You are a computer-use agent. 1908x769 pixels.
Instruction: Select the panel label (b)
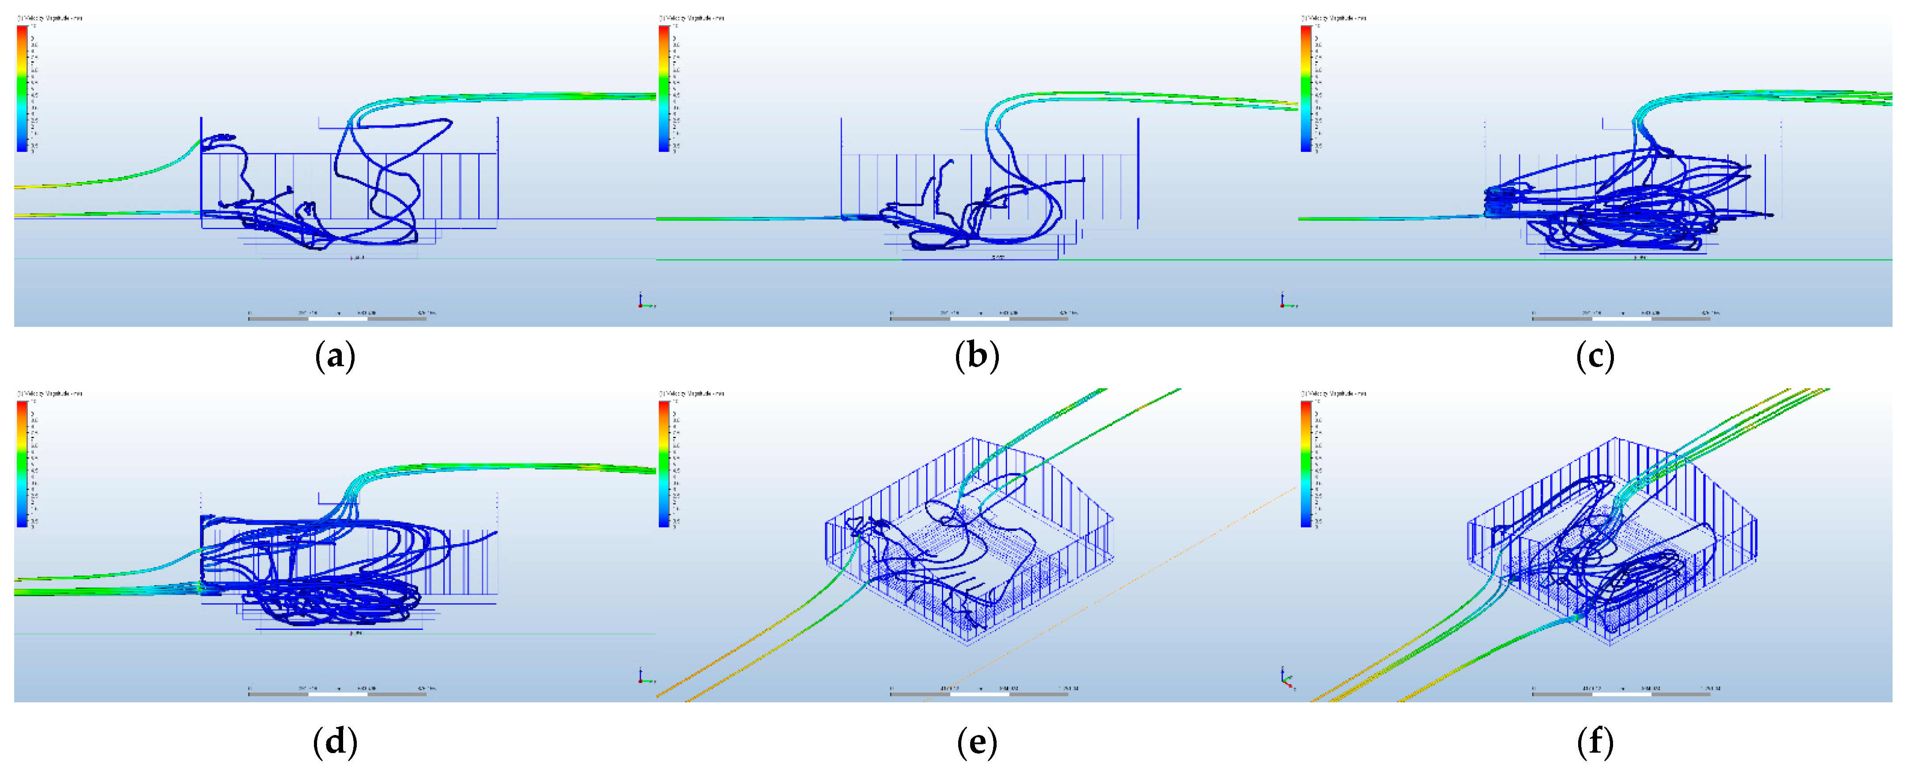coord(977,357)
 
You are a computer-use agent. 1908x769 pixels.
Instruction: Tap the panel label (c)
coord(1594,357)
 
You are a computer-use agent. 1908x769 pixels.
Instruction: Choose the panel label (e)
coord(977,742)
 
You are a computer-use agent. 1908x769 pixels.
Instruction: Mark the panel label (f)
coord(1594,742)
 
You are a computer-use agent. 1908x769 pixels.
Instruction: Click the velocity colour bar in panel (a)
coord(22,88)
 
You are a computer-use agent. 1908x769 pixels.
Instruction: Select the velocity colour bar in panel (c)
coord(1306,88)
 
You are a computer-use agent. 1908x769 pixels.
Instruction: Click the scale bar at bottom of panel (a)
coord(337,318)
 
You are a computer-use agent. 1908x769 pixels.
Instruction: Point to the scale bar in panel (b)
coord(979,318)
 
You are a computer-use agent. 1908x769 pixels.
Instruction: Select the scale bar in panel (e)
coord(979,694)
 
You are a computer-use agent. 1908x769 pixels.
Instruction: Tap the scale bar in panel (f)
coord(1621,694)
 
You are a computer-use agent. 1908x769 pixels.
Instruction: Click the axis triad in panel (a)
coord(643,302)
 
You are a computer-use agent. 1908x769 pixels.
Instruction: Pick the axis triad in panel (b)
coord(1285,302)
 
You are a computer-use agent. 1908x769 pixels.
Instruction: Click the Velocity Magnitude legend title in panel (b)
coord(692,18)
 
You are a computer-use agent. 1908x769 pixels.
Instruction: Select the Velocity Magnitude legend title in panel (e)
coord(692,394)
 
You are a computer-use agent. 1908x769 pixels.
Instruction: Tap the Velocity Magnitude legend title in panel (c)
coord(1334,18)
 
